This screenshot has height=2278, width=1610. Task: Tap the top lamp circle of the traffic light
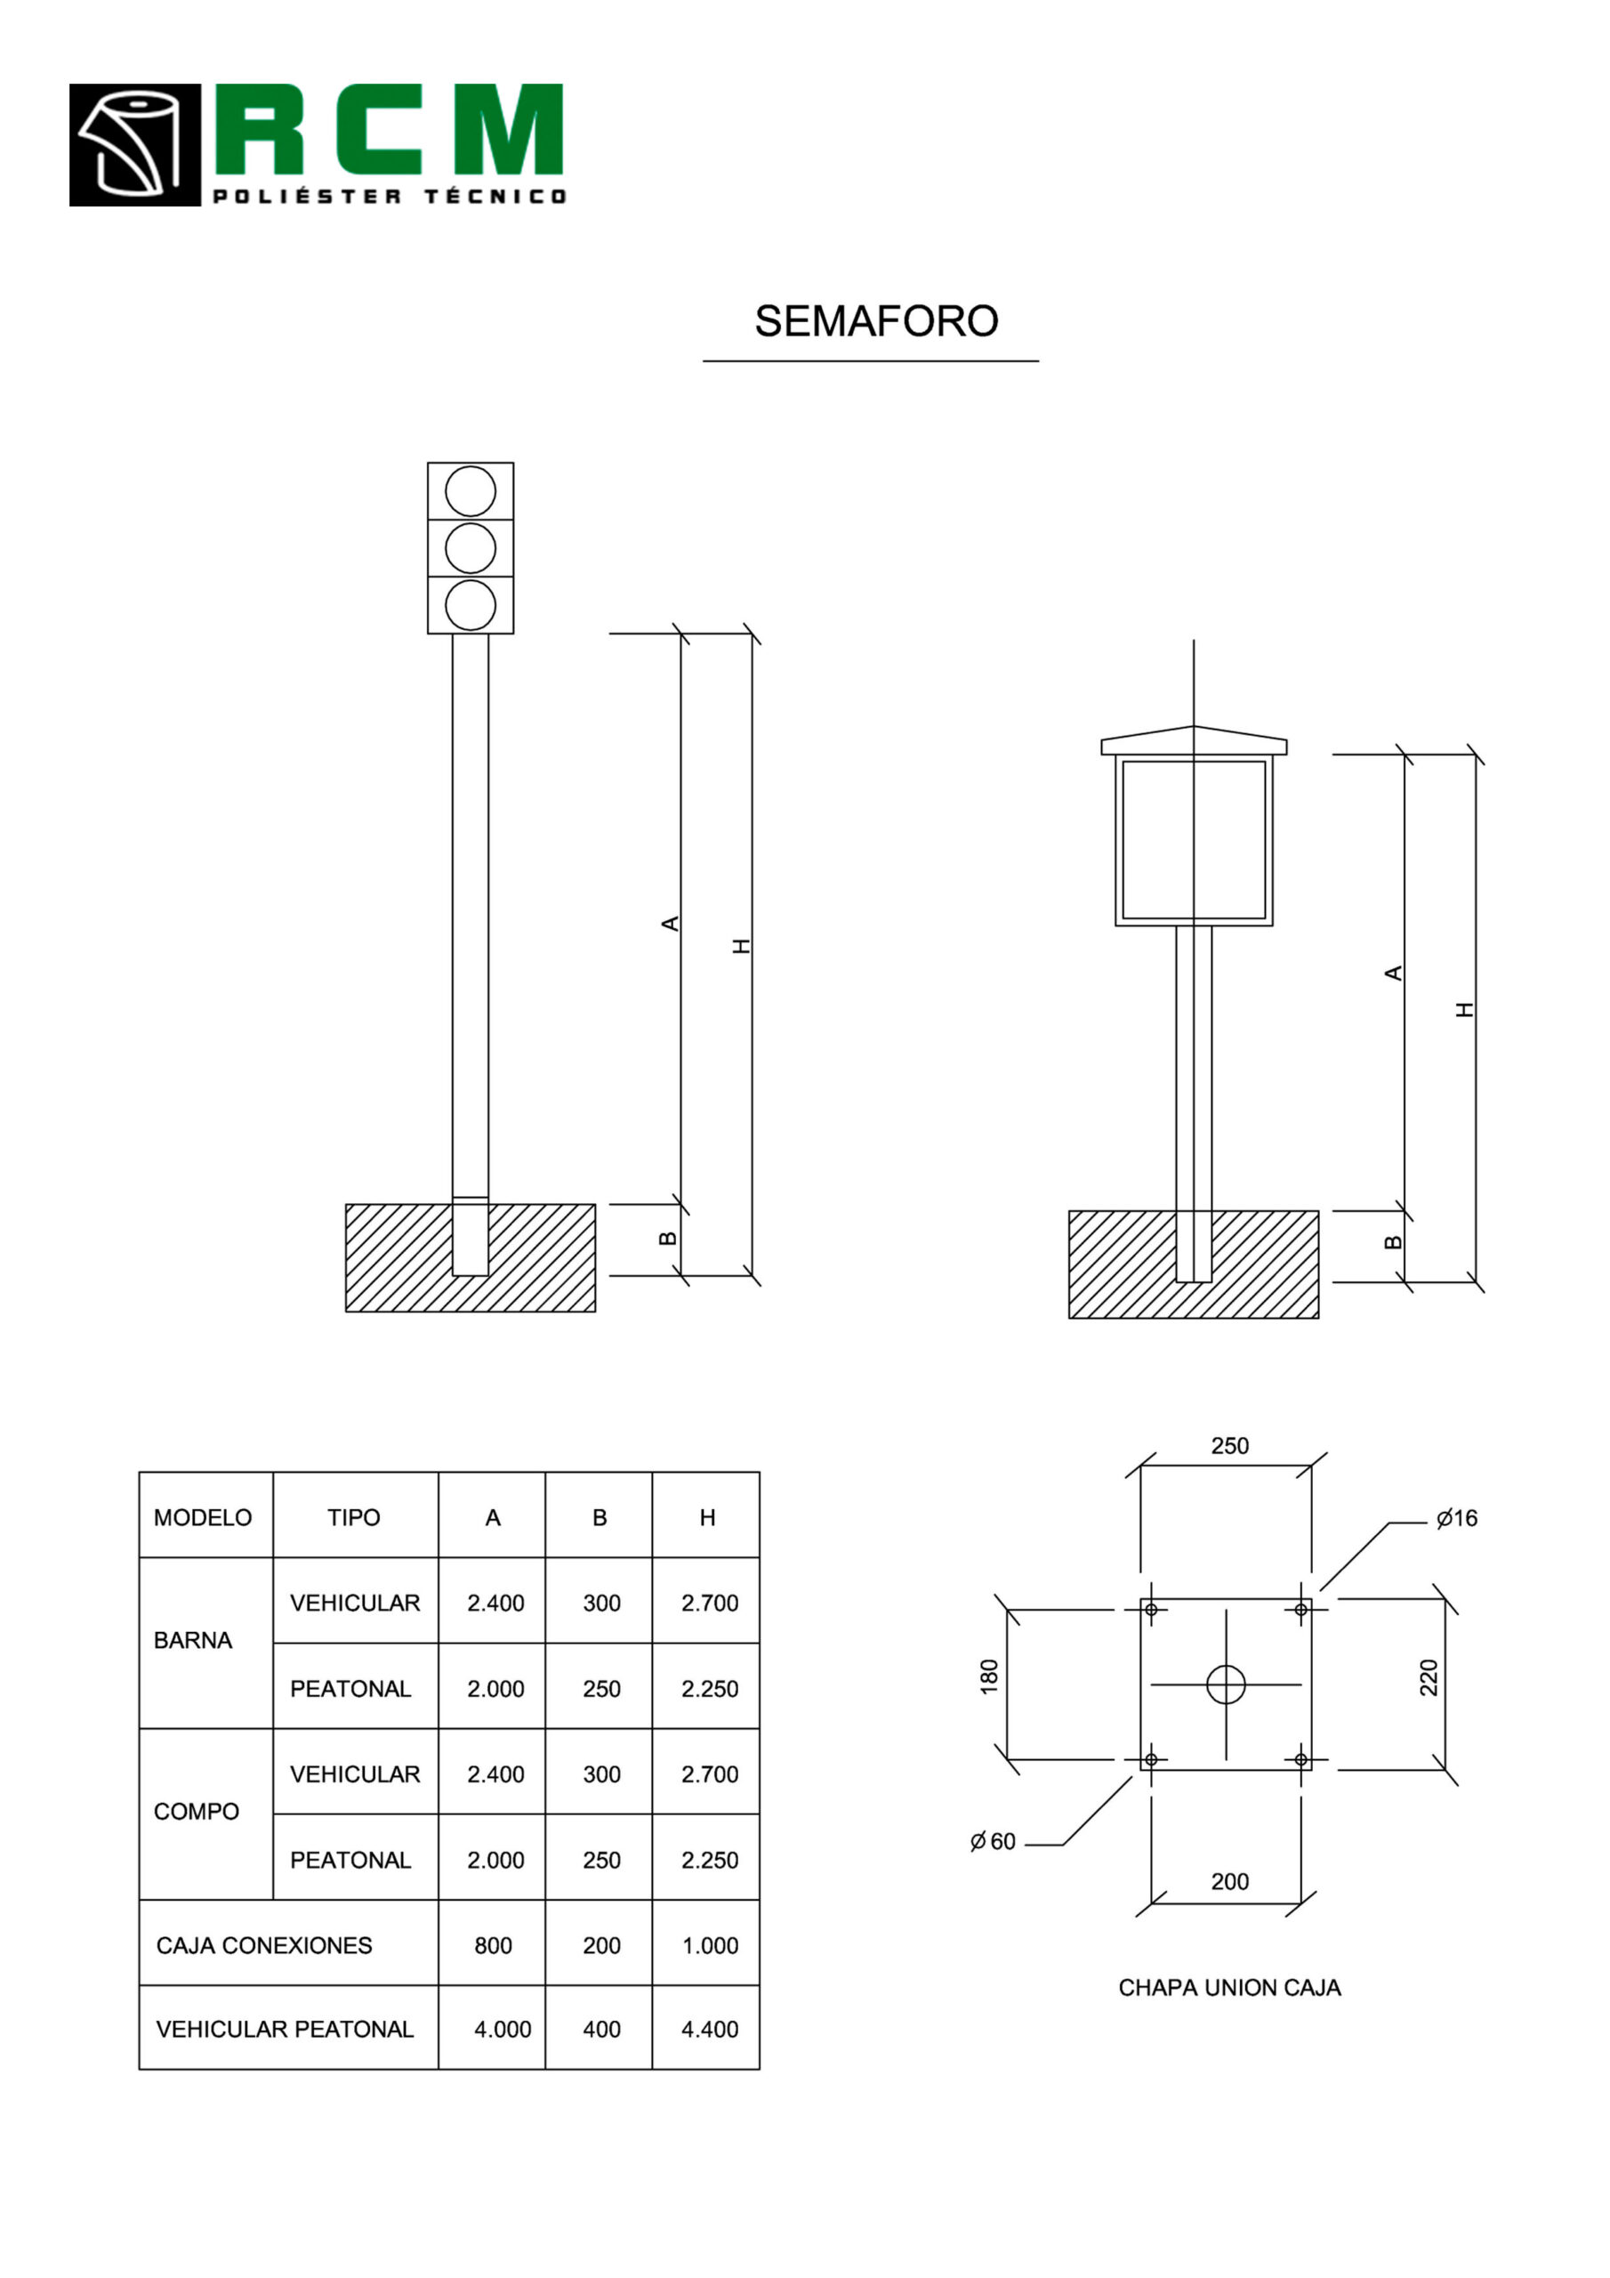pos(471,491)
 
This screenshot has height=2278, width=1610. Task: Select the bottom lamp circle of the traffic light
pos(471,605)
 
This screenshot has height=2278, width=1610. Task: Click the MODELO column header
pos(203,1517)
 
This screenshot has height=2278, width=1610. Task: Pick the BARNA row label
pos(192,1640)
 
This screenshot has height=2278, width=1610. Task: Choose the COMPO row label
pos(196,1811)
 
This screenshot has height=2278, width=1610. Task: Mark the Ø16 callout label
pos(1456,1518)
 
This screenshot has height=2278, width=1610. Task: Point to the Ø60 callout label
pos(993,1841)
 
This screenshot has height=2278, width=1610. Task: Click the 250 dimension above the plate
pos(1229,1446)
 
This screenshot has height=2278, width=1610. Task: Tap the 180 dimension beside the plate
pos(989,1676)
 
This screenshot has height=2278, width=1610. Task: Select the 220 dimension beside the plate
pos(1429,1676)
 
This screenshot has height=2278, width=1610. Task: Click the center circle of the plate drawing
pos(1225,1684)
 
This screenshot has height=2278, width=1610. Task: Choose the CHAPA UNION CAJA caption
pos(1229,1987)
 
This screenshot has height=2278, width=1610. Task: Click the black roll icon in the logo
pos(135,145)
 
